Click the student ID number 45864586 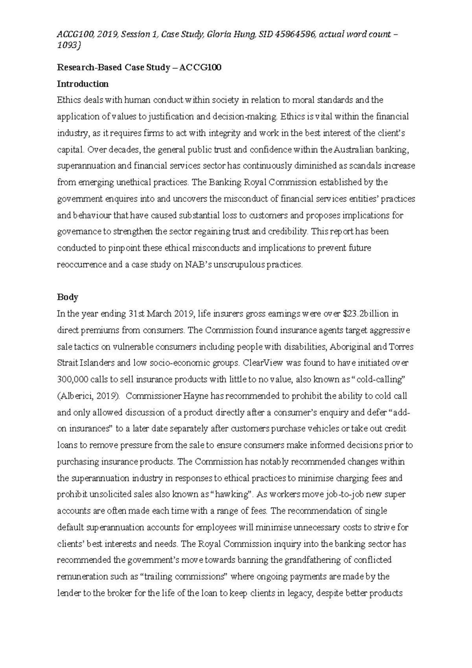(x=295, y=35)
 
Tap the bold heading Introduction (x=83, y=84)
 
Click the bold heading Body (x=68, y=297)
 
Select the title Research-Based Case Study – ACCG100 (x=139, y=67)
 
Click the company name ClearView (x=261, y=363)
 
